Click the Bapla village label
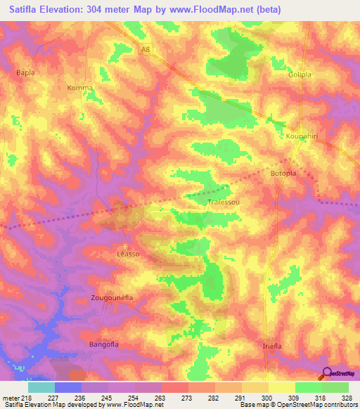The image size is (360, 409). [x=25, y=72]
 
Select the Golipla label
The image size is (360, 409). [x=299, y=74]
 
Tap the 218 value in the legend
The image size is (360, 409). [x=27, y=396]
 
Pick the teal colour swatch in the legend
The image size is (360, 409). [x=41, y=387]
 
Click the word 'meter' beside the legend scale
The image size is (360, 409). [x=11, y=396]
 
